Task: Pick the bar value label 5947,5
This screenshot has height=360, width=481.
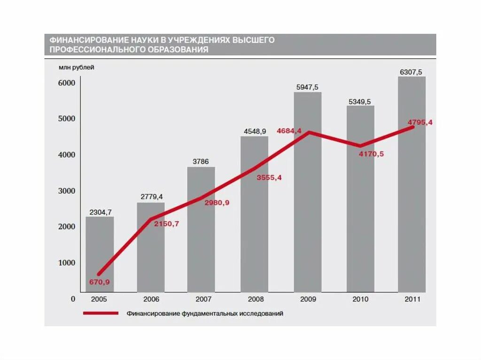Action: (307, 87)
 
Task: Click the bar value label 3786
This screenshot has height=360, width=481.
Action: (201, 162)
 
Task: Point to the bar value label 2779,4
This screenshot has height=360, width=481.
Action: (151, 197)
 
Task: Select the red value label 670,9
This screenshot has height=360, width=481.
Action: (99, 282)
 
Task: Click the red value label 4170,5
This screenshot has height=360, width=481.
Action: (371, 154)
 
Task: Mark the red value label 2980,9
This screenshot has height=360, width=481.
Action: (217, 203)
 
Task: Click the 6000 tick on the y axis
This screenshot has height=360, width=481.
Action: (67, 83)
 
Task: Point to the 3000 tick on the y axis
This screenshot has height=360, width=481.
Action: (67, 191)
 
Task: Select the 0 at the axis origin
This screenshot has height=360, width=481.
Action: (73, 299)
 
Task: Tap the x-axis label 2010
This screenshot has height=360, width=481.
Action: (360, 299)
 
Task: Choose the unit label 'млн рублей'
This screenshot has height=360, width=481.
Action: (76, 67)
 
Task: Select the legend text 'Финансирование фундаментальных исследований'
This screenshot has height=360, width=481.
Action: (205, 314)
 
